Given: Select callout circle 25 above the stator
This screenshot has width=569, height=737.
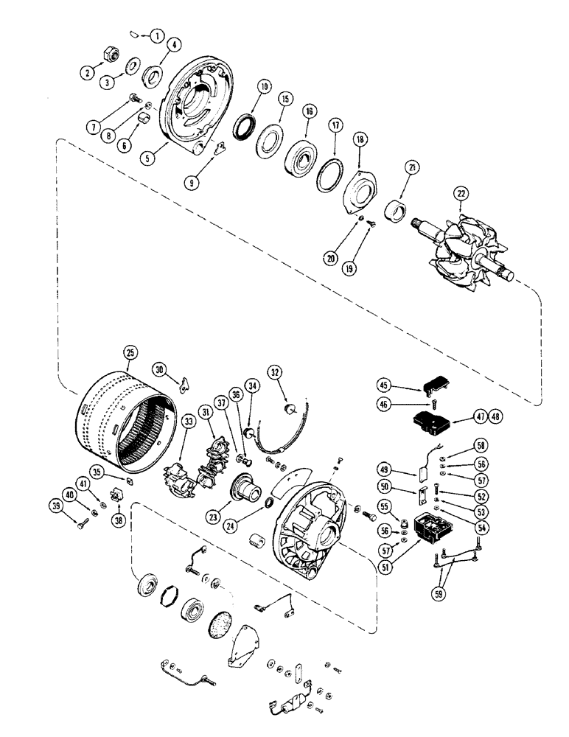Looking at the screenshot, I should (130, 353).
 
